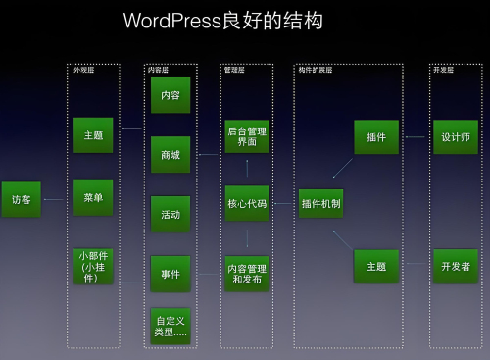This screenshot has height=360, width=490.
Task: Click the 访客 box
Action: [x=21, y=199]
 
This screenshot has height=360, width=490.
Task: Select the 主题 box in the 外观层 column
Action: [x=93, y=135]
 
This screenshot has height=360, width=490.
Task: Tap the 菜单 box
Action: [x=93, y=197]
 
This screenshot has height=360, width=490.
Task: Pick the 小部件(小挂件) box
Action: [x=93, y=265]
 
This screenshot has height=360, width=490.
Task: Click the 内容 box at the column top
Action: [x=171, y=95]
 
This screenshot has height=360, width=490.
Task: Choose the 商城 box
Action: [x=171, y=154]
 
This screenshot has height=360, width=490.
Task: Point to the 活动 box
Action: [x=171, y=214]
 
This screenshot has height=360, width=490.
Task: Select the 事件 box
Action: [x=171, y=274]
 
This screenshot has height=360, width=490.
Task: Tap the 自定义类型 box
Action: [x=171, y=326]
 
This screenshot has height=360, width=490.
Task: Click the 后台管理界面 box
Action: [x=247, y=136]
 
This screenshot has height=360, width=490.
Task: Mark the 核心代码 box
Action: [x=247, y=203]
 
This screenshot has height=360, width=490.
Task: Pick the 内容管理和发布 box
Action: [x=247, y=273]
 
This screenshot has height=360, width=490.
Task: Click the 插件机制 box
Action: [x=321, y=203]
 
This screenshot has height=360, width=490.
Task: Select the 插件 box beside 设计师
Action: [x=376, y=137]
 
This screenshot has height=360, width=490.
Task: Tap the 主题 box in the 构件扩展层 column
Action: [x=376, y=266]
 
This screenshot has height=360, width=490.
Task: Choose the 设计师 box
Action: [x=456, y=137]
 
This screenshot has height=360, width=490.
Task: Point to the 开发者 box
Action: [x=456, y=266]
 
